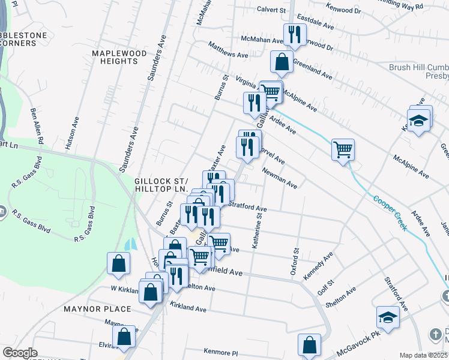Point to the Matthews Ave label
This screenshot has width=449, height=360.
click(228, 50)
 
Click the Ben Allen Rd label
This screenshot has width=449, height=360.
click(37, 125)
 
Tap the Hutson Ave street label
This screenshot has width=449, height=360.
click(72, 133)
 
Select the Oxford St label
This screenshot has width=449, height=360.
click(295, 262)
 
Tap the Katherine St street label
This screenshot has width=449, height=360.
click(257, 232)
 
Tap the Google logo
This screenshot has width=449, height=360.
click(20, 353)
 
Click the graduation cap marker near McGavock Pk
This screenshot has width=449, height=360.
click(388, 317)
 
